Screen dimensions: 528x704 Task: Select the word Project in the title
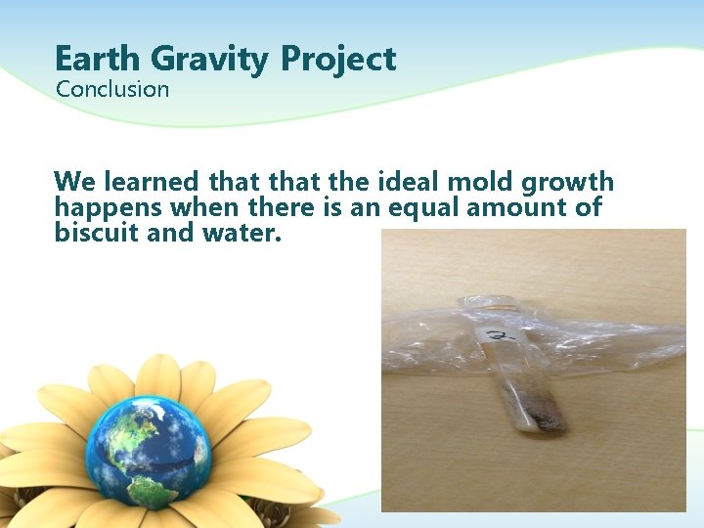coord(338,61)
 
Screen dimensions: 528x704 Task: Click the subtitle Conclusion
coord(112,90)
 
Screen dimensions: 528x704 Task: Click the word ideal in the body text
coord(401,182)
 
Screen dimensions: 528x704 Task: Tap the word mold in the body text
coord(476,182)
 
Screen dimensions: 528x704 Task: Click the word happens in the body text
coord(108,209)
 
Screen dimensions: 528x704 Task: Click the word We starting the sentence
coord(73,182)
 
